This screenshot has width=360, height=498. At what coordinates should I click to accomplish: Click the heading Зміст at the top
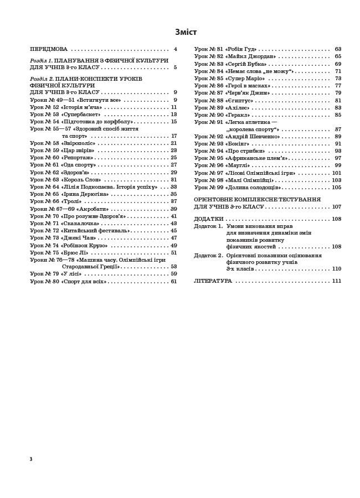[x=186, y=32]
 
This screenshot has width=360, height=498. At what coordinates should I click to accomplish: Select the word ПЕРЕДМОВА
[x=49, y=49]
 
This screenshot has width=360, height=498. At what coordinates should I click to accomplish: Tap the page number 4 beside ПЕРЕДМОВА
[x=175, y=49]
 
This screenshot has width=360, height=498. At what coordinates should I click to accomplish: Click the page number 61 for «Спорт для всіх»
[x=173, y=282]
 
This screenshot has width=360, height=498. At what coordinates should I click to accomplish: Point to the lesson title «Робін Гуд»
[x=240, y=49]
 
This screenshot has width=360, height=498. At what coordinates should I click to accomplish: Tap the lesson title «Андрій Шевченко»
[x=252, y=136]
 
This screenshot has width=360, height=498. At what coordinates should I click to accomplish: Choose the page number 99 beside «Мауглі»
[x=338, y=165]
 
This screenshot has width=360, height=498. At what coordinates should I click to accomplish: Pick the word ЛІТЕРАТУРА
[x=213, y=281]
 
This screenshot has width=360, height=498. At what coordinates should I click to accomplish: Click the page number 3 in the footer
[x=31, y=459]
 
